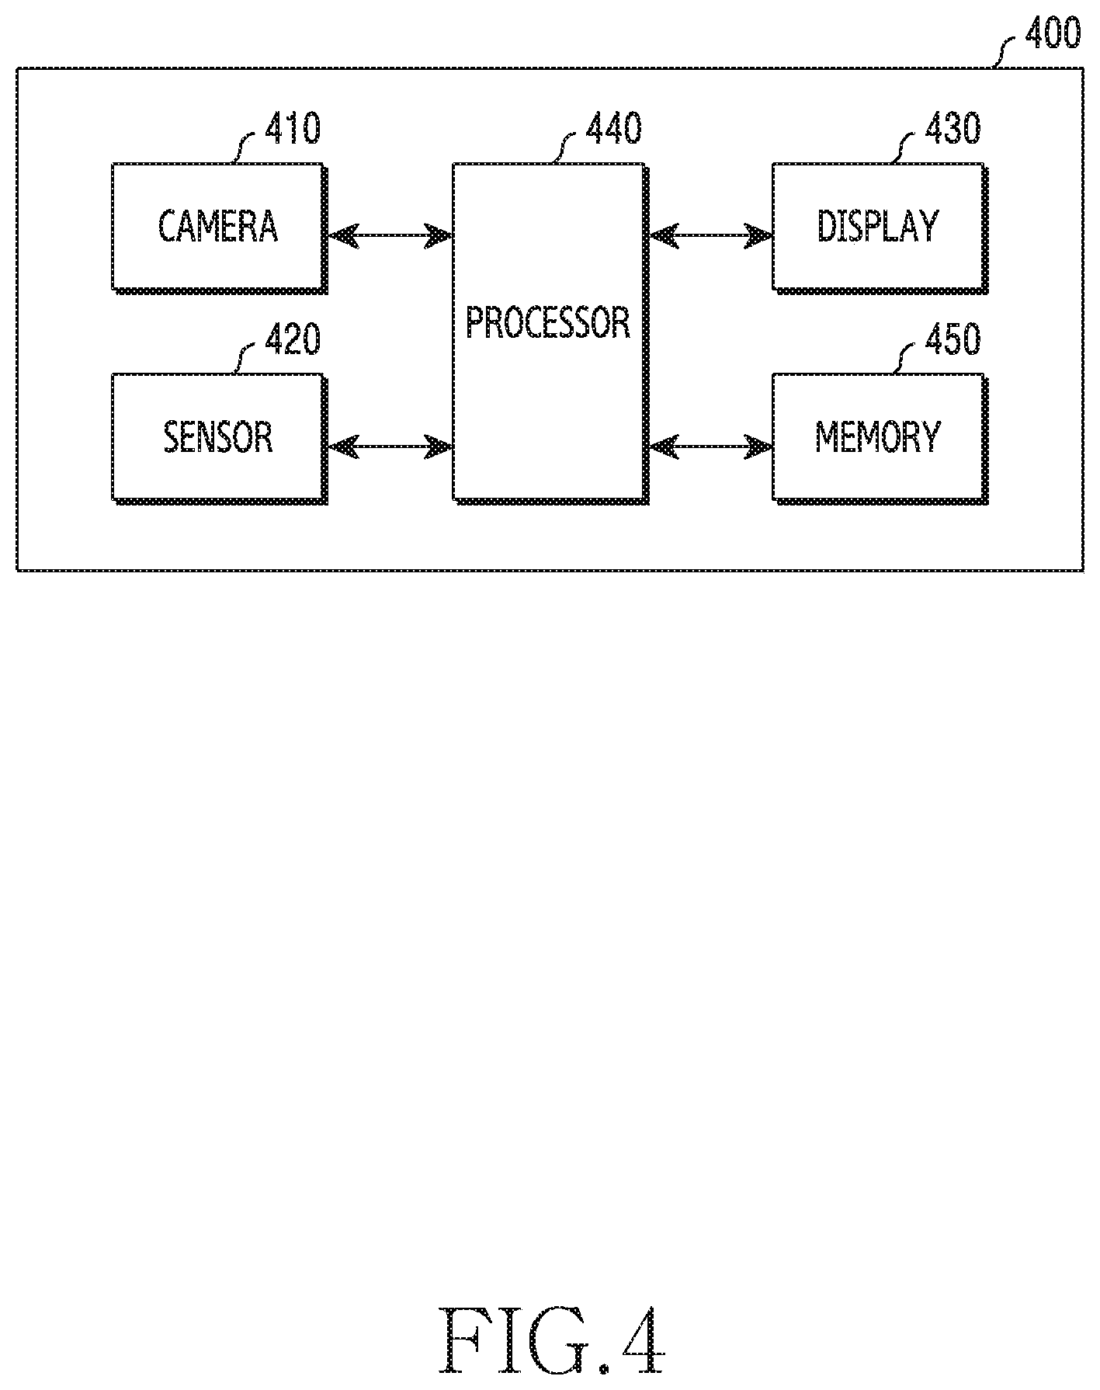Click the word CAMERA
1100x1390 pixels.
pos(218,226)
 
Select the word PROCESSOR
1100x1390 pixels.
pos(548,322)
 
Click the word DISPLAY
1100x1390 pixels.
pos(878,226)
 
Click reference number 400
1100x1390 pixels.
pos(1052,34)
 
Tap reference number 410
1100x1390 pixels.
pos(293,128)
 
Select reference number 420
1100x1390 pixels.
pos(293,339)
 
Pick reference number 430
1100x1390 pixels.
pos(953,128)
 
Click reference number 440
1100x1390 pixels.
pos(613,128)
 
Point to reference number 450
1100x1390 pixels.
pos(953,339)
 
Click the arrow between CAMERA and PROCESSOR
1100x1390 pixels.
pos(390,235)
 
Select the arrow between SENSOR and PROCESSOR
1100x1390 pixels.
pos(390,447)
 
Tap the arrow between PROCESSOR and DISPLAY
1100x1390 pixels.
pos(711,235)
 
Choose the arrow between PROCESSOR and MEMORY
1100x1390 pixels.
pos(711,447)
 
